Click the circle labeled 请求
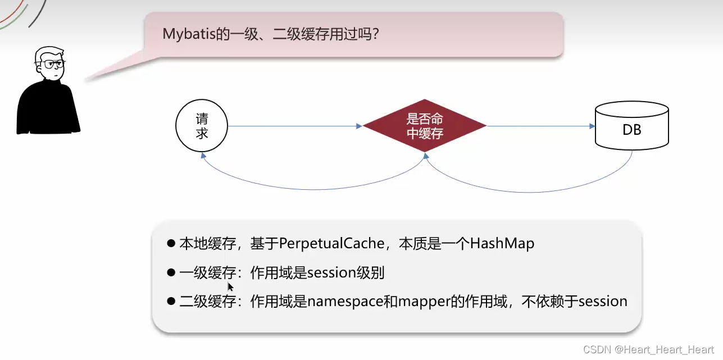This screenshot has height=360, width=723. [x=202, y=126]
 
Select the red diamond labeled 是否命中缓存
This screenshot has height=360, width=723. [x=425, y=126]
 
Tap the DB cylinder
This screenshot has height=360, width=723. [x=632, y=130]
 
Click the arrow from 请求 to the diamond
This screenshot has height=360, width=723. [x=295, y=126]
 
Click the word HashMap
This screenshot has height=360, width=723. [x=502, y=244]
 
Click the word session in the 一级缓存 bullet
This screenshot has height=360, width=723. [x=331, y=273]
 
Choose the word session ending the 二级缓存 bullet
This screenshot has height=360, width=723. [x=603, y=301]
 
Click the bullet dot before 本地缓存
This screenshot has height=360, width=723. [x=171, y=243]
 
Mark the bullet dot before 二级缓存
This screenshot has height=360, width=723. [x=171, y=301]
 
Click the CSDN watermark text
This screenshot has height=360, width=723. [x=649, y=349]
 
